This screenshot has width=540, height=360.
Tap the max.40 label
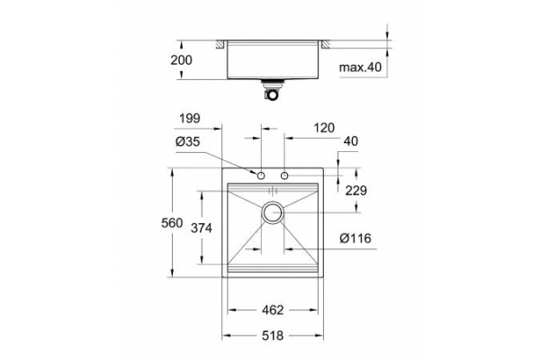click(361, 67)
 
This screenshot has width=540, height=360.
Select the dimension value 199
click(189, 117)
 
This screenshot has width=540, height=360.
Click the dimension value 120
click(325, 128)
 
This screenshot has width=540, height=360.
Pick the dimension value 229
click(358, 190)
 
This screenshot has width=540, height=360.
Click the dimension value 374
click(202, 229)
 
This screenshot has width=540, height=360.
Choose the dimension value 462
click(274, 310)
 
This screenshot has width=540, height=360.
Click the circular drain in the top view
click(273, 213)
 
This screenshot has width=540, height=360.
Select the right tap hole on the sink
click(284, 175)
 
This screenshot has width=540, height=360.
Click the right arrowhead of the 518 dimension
click(319, 335)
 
